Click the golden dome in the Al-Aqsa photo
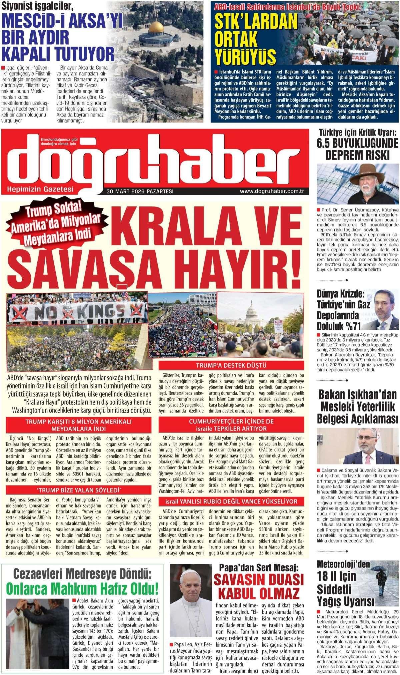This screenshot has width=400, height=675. coord(156,27)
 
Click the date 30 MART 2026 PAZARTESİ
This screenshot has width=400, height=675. coord(140,191)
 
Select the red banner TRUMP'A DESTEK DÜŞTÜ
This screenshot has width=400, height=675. coord(231,365)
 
